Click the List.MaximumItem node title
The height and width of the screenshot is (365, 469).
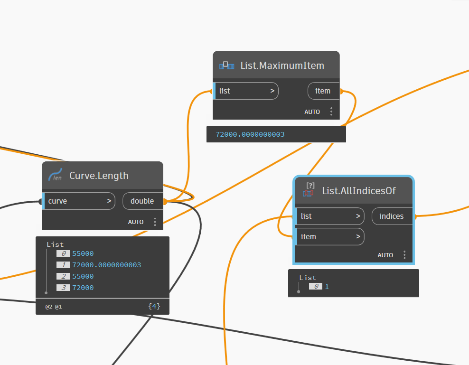(x=282, y=66)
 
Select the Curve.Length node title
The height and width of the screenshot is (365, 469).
(x=99, y=176)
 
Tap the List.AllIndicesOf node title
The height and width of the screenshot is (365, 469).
(x=359, y=191)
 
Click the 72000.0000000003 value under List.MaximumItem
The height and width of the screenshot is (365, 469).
(x=250, y=135)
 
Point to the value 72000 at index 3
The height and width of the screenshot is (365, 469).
(x=83, y=288)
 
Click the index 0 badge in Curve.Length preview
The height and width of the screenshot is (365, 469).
(x=63, y=253)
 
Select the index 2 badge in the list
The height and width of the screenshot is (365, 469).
(x=63, y=276)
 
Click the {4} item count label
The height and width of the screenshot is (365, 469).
(x=154, y=307)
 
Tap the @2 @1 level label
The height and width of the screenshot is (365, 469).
(x=54, y=307)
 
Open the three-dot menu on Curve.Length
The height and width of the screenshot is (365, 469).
(x=155, y=222)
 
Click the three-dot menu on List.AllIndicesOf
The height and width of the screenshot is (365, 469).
(x=404, y=255)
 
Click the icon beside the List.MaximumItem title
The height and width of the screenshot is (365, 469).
(x=227, y=66)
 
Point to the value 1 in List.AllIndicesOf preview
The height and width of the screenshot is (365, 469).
(x=327, y=287)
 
